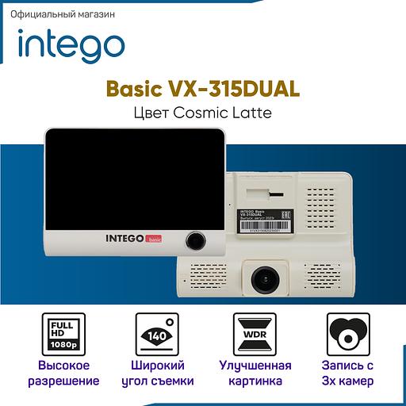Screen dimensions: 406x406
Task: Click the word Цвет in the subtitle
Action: point(152,113)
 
